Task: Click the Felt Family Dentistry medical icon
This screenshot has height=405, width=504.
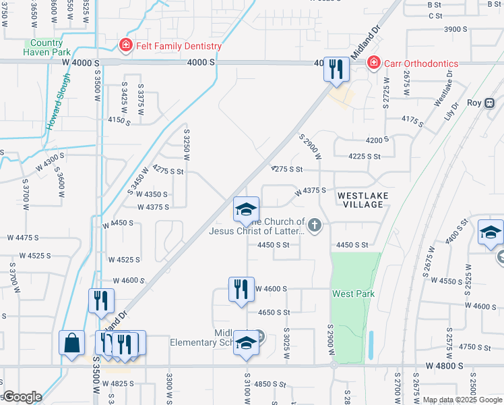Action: tap(125, 46)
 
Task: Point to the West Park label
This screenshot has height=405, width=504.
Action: tap(353, 294)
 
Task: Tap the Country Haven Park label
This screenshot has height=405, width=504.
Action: tap(47, 47)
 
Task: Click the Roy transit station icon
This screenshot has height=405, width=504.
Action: tap(490, 103)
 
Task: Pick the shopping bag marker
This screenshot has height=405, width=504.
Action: tap(72, 344)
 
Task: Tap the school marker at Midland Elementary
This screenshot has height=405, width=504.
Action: tap(247, 343)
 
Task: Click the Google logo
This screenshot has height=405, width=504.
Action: tap(22, 398)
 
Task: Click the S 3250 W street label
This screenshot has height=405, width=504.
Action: tap(187, 145)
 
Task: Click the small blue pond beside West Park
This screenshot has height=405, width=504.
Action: tap(371, 341)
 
